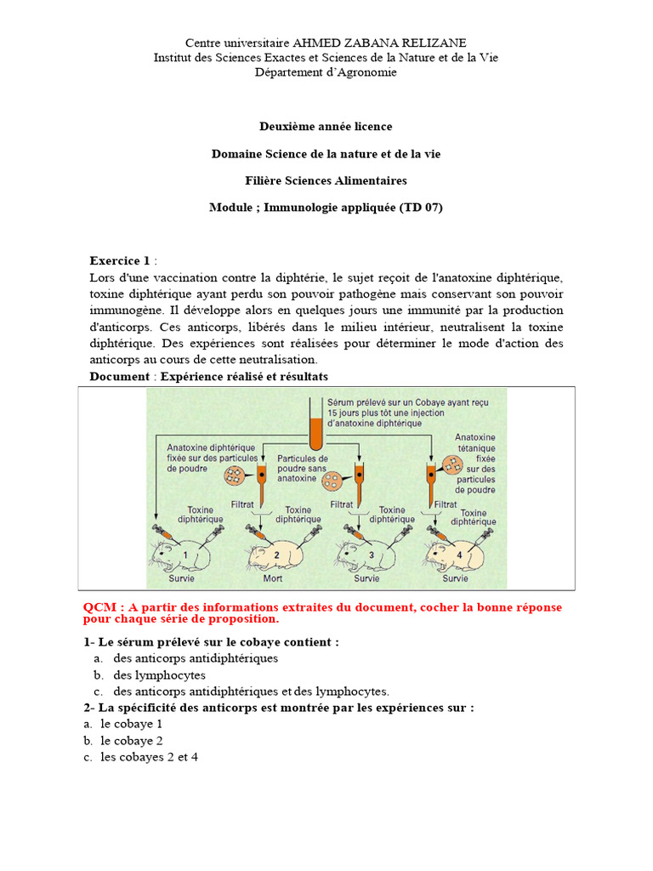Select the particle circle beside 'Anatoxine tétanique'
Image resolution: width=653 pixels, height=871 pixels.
452,466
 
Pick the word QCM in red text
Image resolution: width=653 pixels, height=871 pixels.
99,607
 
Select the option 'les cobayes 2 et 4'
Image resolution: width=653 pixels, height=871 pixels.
149,756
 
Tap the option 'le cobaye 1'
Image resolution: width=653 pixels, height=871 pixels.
131,723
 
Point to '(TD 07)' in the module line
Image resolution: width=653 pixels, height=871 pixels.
421,207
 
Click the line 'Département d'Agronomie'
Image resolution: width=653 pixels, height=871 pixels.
326,72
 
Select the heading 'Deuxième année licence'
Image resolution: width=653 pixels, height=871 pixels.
326,126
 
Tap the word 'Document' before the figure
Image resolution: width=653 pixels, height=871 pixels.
118,376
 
